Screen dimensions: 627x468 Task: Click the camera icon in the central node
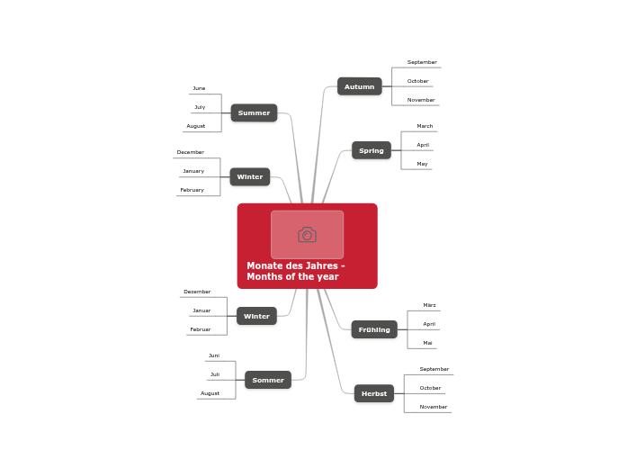[x=307, y=235]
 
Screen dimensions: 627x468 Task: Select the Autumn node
[x=359, y=86]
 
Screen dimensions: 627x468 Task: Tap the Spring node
[x=371, y=150]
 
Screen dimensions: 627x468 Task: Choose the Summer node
[x=254, y=112]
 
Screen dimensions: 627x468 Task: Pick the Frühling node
[x=374, y=329]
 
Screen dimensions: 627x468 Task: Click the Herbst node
[x=373, y=393]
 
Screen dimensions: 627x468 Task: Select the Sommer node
[x=267, y=380]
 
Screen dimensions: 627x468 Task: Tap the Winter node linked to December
[x=249, y=176]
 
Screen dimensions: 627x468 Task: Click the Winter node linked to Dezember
[x=256, y=316]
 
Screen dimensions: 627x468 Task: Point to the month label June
[x=199, y=88]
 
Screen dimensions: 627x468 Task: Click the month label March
[x=425, y=126]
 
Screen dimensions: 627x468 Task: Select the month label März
[x=429, y=305]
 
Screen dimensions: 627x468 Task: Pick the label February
[x=192, y=190]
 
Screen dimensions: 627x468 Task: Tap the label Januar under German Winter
[x=202, y=310]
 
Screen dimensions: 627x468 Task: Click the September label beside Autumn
[x=422, y=62]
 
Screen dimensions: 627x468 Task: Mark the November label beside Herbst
[x=433, y=407]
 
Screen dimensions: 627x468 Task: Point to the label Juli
[x=215, y=374]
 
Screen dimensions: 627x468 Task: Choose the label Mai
[x=427, y=343]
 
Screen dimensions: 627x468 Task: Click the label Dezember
[x=197, y=292]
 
